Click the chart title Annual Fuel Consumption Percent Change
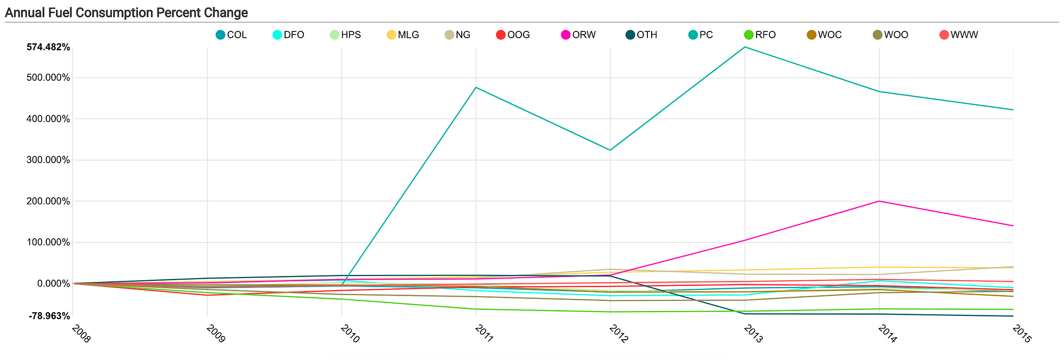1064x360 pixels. pyautogui.click(x=126, y=12)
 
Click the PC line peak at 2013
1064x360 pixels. pyautogui.click(x=745, y=47)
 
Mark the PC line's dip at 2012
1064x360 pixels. pyautogui.click(x=610, y=150)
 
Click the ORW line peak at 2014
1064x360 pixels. pyautogui.click(x=879, y=201)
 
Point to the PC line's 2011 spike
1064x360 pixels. pyautogui.click(x=476, y=87)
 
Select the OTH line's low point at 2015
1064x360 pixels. pyautogui.click(x=1013, y=316)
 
